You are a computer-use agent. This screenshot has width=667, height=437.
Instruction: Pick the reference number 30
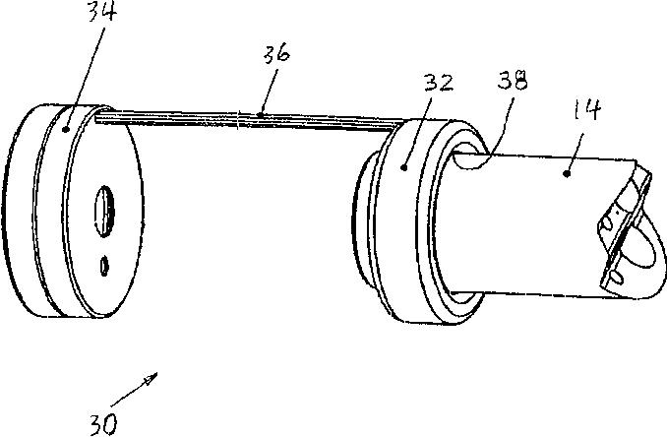103,423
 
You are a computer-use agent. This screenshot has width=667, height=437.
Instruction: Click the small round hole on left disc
103,264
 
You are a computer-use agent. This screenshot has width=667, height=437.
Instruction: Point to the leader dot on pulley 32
404,168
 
